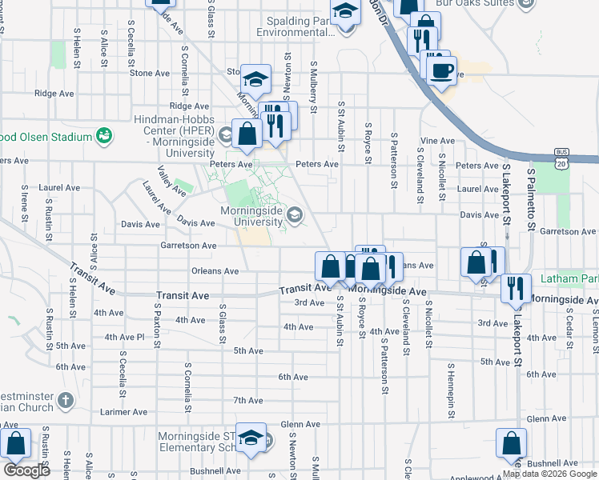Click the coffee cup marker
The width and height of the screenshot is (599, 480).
point(440,70)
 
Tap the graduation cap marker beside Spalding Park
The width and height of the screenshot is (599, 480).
point(344,14)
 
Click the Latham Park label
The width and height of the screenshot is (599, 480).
point(569,279)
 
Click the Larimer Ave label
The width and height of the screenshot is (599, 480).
point(124,412)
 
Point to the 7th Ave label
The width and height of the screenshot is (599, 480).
point(248,400)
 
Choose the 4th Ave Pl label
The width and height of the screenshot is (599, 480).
point(123,337)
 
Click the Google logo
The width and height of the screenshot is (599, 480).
point(26,470)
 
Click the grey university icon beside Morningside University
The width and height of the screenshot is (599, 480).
point(295,214)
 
